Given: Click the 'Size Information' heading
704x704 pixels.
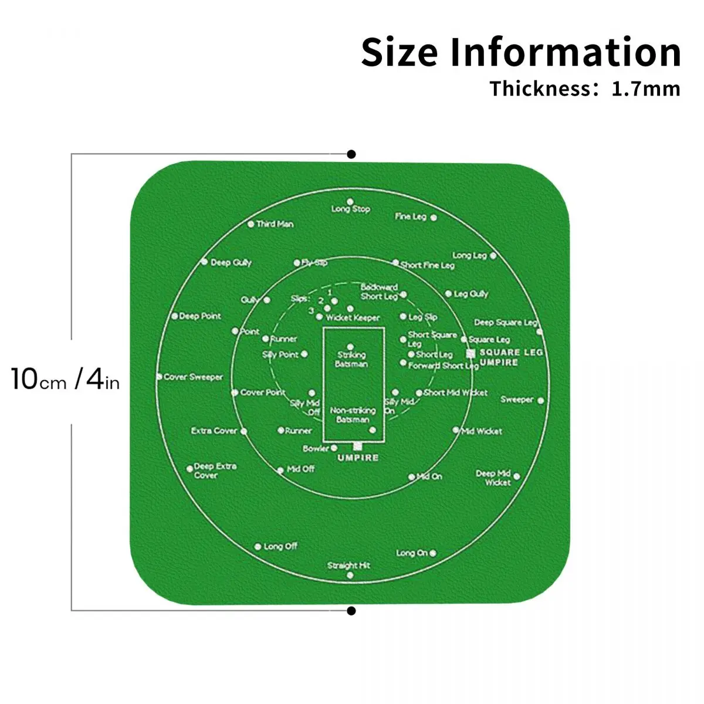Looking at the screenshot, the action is click(x=521, y=52).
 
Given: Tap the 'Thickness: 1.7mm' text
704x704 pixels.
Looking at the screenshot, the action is click(x=585, y=89).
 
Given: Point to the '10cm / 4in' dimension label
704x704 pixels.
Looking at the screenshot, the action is click(x=65, y=379).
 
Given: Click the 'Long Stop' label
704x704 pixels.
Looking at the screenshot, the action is click(x=351, y=209).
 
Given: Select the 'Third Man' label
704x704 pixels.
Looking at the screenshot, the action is click(x=275, y=224).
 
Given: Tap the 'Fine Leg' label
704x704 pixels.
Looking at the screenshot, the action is click(x=411, y=216).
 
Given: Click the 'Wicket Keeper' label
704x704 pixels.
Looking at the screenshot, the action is click(x=353, y=317).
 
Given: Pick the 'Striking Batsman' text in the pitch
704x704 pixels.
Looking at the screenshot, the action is click(x=351, y=359).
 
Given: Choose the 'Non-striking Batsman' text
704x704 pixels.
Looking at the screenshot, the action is click(x=353, y=415).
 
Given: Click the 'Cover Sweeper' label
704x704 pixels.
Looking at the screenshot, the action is click(x=194, y=377).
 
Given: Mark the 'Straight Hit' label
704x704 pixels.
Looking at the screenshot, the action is click(x=349, y=566).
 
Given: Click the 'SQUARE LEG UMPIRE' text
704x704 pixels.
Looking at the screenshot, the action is click(x=510, y=357).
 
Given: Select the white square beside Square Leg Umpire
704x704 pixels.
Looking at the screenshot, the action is click(x=471, y=353).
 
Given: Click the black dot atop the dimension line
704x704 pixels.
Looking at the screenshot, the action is click(x=351, y=154).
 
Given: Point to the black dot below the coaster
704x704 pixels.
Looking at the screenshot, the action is click(x=351, y=611).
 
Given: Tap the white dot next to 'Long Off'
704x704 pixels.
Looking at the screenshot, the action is click(x=258, y=547).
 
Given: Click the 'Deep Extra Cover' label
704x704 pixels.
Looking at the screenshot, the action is click(x=215, y=471).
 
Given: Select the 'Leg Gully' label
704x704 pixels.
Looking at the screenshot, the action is click(x=471, y=293).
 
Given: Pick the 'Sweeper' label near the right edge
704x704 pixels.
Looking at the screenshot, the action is click(x=517, y=400).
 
